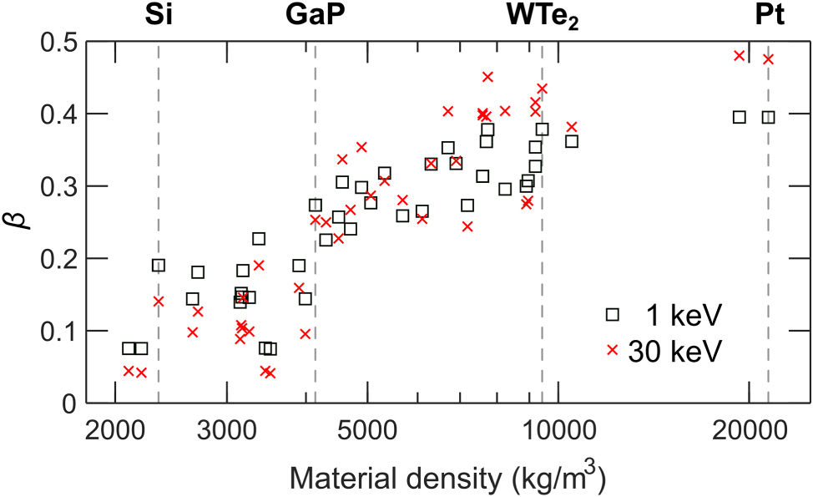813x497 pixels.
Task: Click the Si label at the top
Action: pyautogui.click(x=158, y=14)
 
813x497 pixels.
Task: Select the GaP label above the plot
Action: pyautogui.click(x=315, y=14)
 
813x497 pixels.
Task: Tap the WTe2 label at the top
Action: pyautogui.click(x=543, y=15)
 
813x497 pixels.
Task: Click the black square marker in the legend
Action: pyautogui.click(x=613, y=314)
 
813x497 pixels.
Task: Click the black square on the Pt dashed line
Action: pyautogui.click(x=768, y=117)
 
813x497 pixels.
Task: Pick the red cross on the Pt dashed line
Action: pyautogui.click(x=768, y=58)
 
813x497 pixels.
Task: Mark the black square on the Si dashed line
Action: pyautogui.click(x=159, y=266)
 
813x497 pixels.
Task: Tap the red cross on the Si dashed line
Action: pyautogui.click(x=159, y=301)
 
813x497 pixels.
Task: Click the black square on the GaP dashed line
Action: pyautogui.click(x=316, y=205)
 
